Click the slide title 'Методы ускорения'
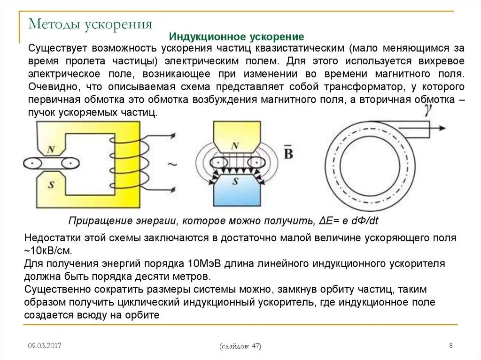coord(90,24)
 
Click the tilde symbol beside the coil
coord(172,165)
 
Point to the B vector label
coord(288,153)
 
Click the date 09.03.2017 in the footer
coord(45,346)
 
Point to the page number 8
coord(451,346)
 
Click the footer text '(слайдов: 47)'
coord(240,346)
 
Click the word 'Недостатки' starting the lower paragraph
coord(51,238)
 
